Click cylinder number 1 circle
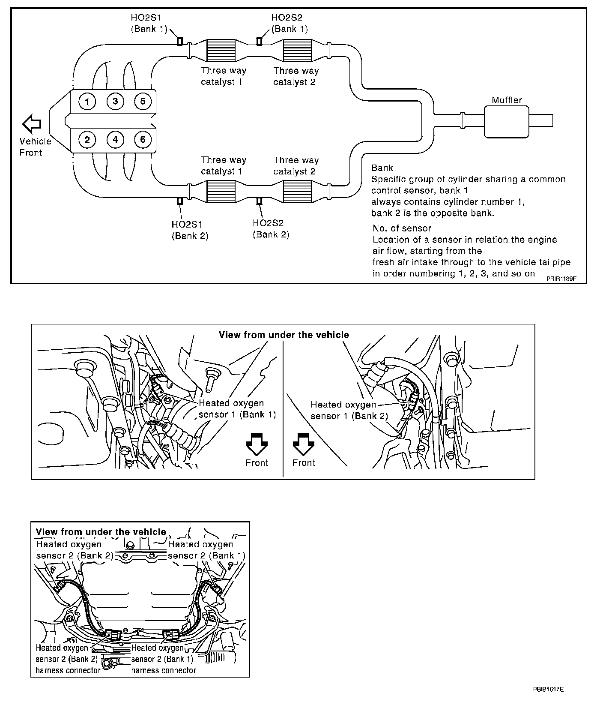click(x=87, y=102)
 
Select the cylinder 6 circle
click(x=143, y=139)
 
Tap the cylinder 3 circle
click(x=115, y=102)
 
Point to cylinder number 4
click(x=115, y=139)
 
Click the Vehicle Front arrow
click(x=32, y=124)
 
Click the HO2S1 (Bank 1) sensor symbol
click(x=180, y=41)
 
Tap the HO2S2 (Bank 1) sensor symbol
click(x=259, y=41)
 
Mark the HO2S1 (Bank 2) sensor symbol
click(x=180, y=201)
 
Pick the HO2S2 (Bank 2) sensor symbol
click(x=259, y=201)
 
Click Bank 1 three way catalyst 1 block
click(x=221, y=51)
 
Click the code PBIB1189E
click(x=561, y=278)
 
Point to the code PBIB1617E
click(x=548, y=702)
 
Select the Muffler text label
click(x=507, y=100)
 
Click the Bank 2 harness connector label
click(x=68, y=659)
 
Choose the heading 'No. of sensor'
click(x=402, y=228)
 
